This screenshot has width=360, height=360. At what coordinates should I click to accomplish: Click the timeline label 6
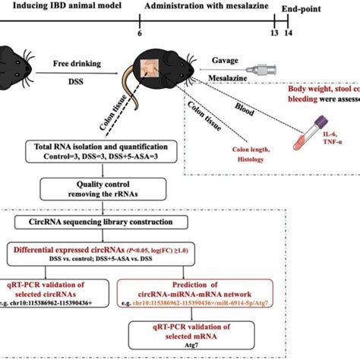tap(139, 34)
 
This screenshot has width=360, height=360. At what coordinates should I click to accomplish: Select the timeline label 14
tap(288, 34)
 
